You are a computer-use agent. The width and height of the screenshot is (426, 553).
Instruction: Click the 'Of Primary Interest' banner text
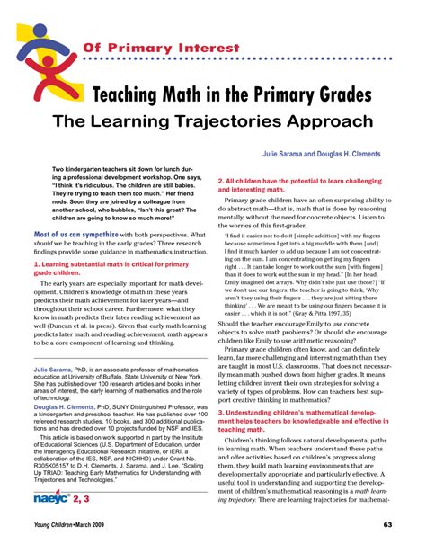(161, 47)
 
